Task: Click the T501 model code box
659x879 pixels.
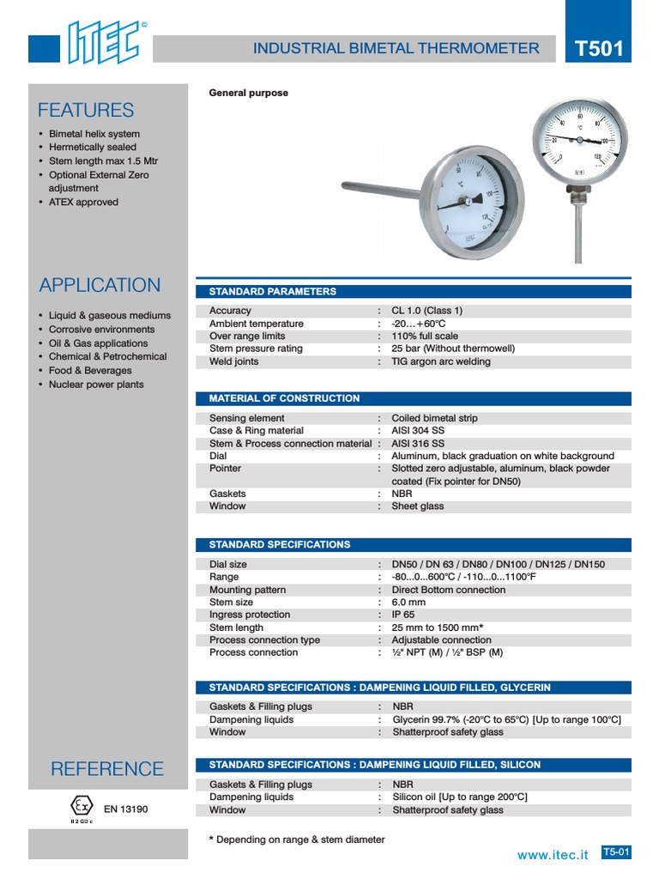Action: [599, 49]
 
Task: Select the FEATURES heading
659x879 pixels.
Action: [86, 110]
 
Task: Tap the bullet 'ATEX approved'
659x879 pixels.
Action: [83, 203]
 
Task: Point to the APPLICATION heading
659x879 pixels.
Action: [100, 285]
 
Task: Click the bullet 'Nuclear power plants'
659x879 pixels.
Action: [96, 385]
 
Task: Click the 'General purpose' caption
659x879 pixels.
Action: [249, 93]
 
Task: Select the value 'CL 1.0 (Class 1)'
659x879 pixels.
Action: [426, 311]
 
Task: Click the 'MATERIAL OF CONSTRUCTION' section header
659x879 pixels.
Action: [285, 398]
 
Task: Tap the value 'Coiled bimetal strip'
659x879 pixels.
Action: [434, 418]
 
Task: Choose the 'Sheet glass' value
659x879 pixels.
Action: [417, 506]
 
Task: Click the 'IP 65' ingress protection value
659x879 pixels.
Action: [403, 615]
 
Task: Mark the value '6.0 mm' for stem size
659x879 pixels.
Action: [408, 603]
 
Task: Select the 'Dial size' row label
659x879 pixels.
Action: [228, 565]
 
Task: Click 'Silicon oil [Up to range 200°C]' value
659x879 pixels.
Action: [460, 797]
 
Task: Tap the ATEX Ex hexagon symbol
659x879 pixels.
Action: [82, 806]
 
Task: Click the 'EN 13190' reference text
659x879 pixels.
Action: [125, 809]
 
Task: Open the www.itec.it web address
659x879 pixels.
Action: [553, 855]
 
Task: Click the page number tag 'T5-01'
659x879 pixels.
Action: [616, 852]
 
